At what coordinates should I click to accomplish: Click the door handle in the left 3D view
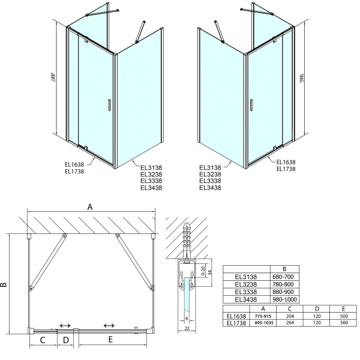pos(109,105)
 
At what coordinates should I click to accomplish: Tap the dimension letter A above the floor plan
pos(91,206)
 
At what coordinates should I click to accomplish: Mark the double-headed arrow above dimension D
pos(64,326)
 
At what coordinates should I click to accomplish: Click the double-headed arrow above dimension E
pos(109,326)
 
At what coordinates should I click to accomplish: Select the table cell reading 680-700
pos(284,277)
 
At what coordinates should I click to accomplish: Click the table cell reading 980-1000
pos(284,299)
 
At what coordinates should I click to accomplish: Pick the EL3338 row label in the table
pos(246,292)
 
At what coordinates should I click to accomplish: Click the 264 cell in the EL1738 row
pos(290,322)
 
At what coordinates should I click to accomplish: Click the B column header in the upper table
pos(284,269)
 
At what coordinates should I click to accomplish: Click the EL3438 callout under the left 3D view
pos(151,188)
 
